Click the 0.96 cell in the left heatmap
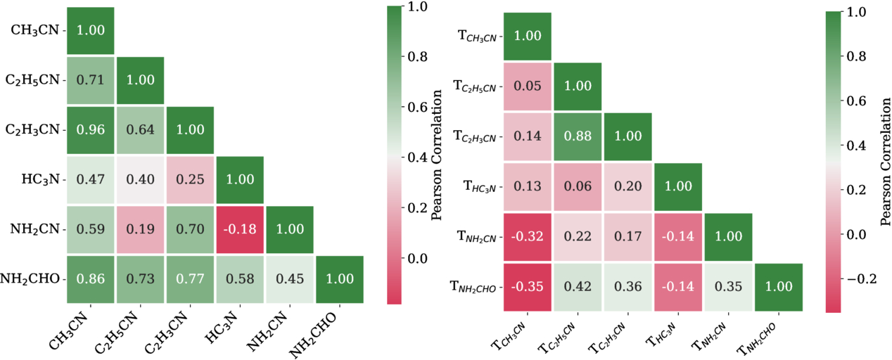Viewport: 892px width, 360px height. coord(90,130)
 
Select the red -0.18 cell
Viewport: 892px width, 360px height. coord(240,229)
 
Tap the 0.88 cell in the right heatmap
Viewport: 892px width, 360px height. coord(578,136)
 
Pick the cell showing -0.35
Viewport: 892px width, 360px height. coord(528,287)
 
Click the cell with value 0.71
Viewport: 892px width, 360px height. coord(90,80)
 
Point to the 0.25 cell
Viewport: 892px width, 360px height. coord(191,179)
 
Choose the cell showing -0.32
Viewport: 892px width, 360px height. coord(528,237)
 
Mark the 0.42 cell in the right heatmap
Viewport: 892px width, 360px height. coord(578,287)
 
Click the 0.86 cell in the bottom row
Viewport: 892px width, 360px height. coord(90,279)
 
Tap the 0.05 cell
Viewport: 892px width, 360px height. coord(528,86)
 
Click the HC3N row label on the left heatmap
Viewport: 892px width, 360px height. coord(40,179)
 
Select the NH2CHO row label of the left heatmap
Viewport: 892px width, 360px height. coord(30,279)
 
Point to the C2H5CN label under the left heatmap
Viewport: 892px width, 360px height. coord(117,332)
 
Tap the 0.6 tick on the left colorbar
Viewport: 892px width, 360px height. coord(416,107)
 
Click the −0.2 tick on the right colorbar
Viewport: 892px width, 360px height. coord(861,279)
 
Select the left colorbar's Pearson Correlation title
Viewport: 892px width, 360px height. coord(437,155)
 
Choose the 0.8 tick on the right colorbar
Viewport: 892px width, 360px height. coord(855,56)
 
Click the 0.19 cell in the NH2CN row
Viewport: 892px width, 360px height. coord(140,229)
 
